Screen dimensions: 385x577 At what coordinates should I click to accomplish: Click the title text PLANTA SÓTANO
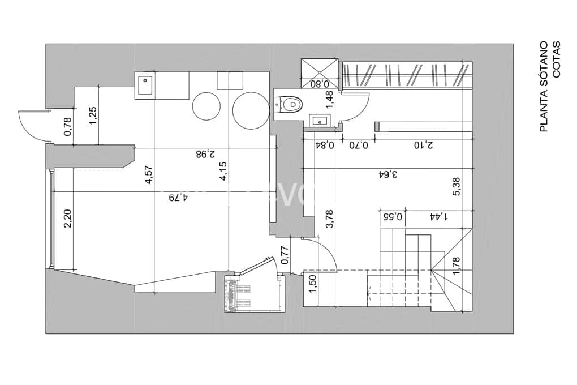(544, 87)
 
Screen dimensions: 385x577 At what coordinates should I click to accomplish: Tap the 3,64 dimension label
(388, 174)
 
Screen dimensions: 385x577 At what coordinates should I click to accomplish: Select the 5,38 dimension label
(457, 186)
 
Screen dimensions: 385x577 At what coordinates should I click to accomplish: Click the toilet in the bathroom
(291, 104)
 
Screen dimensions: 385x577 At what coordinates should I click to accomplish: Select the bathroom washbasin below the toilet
(320, 120)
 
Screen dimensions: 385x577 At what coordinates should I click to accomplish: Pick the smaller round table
(206, 106)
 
